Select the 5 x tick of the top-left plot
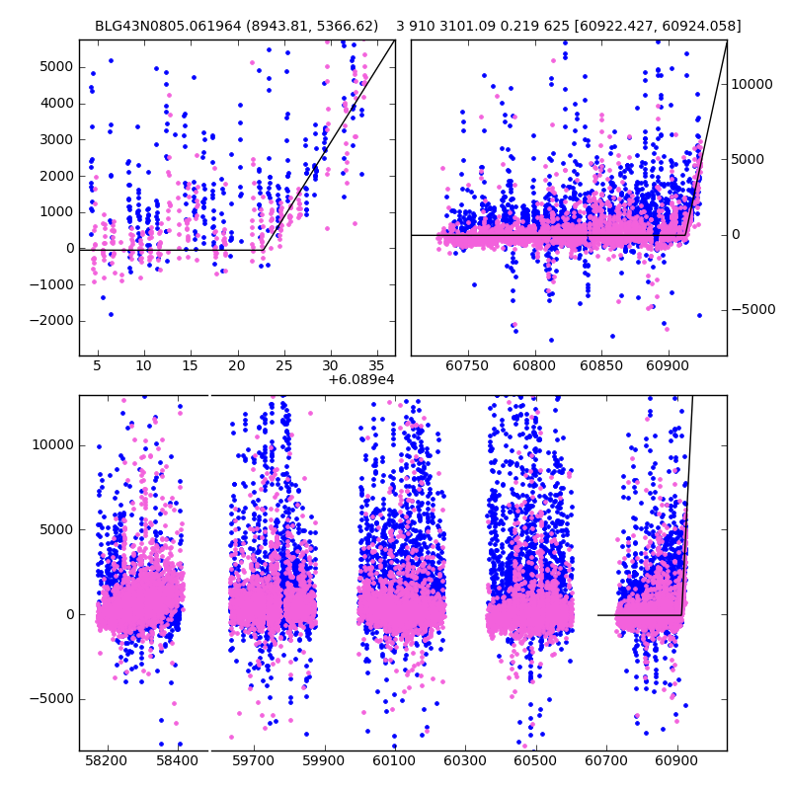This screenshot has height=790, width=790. click(97, 366)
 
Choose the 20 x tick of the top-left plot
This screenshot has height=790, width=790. click(236, 366)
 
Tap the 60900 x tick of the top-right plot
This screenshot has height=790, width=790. click(668, 366)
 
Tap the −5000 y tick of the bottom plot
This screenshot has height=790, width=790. click(48, 698)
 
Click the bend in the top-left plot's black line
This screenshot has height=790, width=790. click(263, 250)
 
